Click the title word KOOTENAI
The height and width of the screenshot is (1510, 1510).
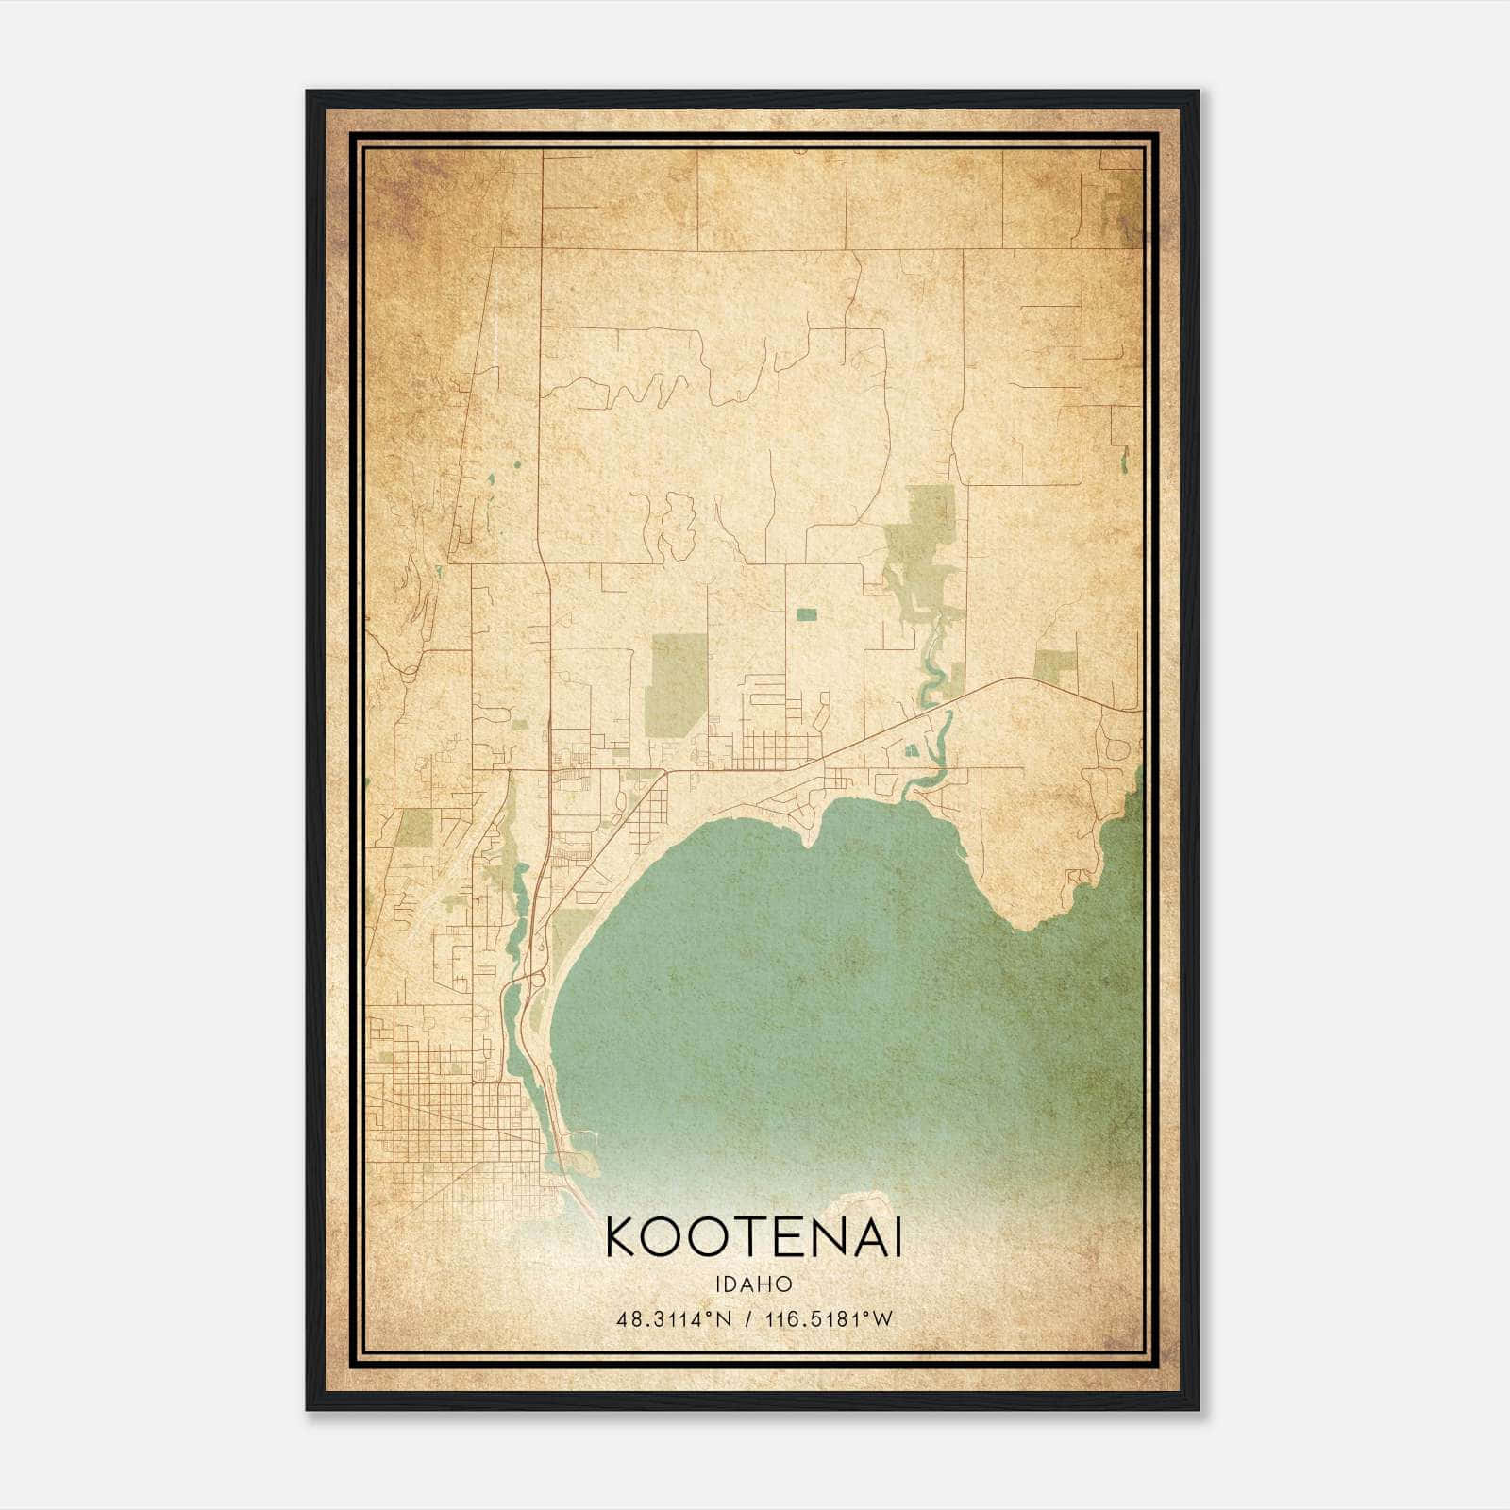[x=753, y=1236]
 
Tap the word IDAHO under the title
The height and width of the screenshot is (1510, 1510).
[x=753, y=1284]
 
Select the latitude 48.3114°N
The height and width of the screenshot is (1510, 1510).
[x=674, y=1319]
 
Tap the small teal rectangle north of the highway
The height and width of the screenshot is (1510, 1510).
[x=806, y=614]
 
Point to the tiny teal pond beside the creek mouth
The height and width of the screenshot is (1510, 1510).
[x=912, y=750]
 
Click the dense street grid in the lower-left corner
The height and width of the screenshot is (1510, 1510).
[x=453, y=1123]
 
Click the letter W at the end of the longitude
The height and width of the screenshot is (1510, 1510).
[x=882, y=1319]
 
